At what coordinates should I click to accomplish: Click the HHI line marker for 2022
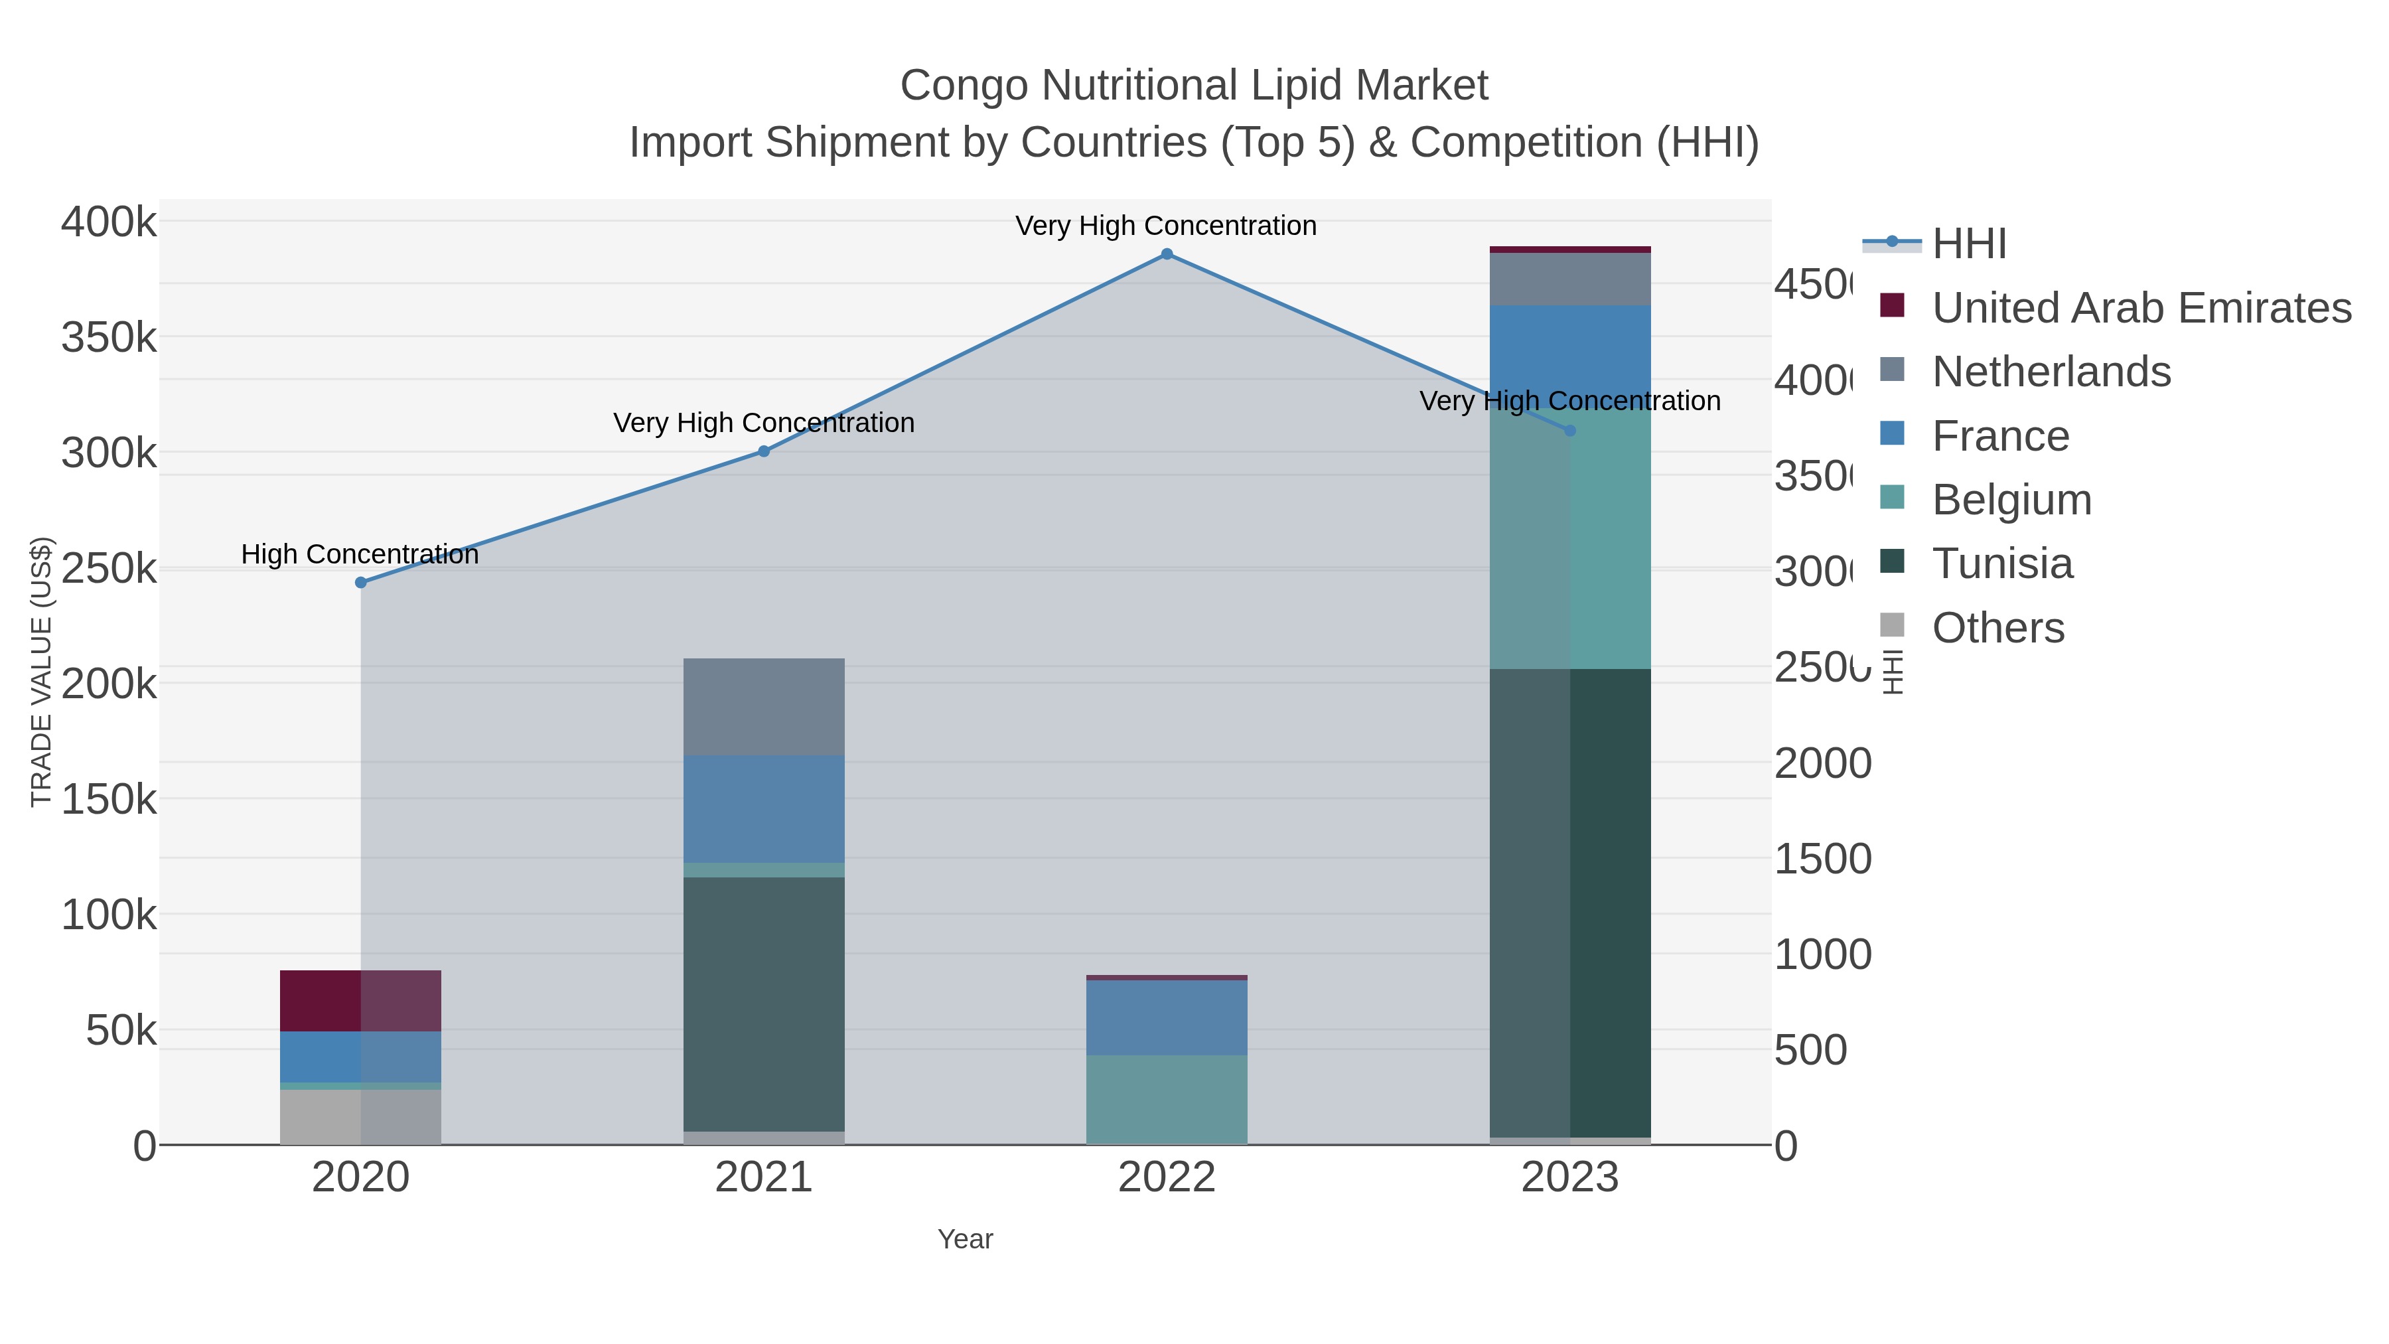point(1167,254)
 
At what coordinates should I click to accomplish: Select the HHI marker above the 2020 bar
point(361,583)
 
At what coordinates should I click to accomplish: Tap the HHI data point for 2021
point(763,452)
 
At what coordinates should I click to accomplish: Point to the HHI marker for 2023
point(1569,430)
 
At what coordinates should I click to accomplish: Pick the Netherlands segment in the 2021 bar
point(763,707)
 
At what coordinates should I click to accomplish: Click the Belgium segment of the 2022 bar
point(1167,1099)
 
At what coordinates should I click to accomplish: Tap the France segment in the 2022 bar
point(1167,1017)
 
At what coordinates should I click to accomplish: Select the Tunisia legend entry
point(2001,564)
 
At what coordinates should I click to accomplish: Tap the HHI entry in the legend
point(1968,244)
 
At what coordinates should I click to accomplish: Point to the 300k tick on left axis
point(109,453)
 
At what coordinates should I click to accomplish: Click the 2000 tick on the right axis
point(1822,763)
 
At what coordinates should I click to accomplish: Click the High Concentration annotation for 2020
point(360,555)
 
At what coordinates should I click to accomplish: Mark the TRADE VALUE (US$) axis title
point(42,672)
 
